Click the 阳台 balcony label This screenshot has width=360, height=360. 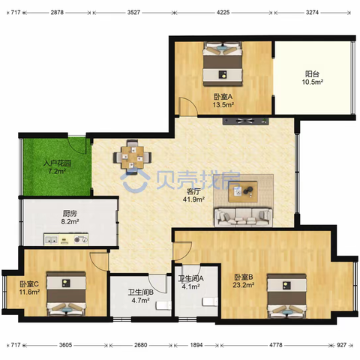tap(312, 74)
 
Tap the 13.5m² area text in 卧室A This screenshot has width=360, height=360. tap(223, 105)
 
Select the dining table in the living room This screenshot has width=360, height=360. tap(132, 157)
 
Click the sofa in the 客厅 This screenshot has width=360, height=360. tap(243, 217)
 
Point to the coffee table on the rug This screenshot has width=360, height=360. tap(243, 191)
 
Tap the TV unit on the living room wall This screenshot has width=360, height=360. tap(246, 121)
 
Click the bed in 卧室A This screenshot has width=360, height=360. tap(223, 64)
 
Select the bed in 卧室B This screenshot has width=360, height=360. tap(286, 296)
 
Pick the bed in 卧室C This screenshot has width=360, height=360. tap(66, 294)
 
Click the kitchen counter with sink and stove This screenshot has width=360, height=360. tap(66, 239)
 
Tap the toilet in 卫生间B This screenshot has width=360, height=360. tap(163, 305)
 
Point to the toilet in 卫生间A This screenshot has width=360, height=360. tap(210, 301)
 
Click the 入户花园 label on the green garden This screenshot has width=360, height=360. tap(57, 163)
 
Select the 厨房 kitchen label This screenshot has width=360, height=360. tap(70, 214)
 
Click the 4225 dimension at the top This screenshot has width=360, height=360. tap(223, 12)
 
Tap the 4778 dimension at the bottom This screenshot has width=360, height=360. tap(276, 345)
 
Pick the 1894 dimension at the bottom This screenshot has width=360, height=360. tap(196, 345)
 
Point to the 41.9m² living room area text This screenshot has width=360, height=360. tap(194, 199)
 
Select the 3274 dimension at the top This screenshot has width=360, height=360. tap(312, 12)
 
